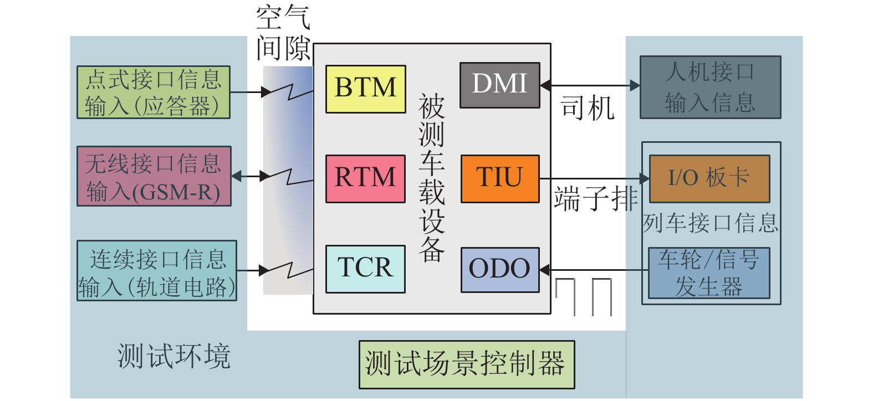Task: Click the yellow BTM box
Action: click(365, 89)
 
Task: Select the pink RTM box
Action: click(365, 178)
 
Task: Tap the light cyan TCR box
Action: click(365, 269)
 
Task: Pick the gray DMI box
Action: click(499, 85)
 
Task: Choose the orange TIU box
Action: click(499, 178)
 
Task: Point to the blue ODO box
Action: click(499, 269)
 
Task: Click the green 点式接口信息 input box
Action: click(153, 92)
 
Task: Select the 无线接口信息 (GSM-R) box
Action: click(154, 176)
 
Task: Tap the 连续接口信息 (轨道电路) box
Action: click(157, 271)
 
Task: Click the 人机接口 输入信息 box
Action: click(710, 88)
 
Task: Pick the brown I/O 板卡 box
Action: click(709, 178)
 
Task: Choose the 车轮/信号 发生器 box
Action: click(709, 273)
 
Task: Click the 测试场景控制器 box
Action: click(466, 364)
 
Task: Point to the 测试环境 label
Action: click(173, 356)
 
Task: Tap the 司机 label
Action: click(587, 107)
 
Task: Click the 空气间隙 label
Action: click(283, 33)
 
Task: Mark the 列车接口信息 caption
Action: click(711, 223)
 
